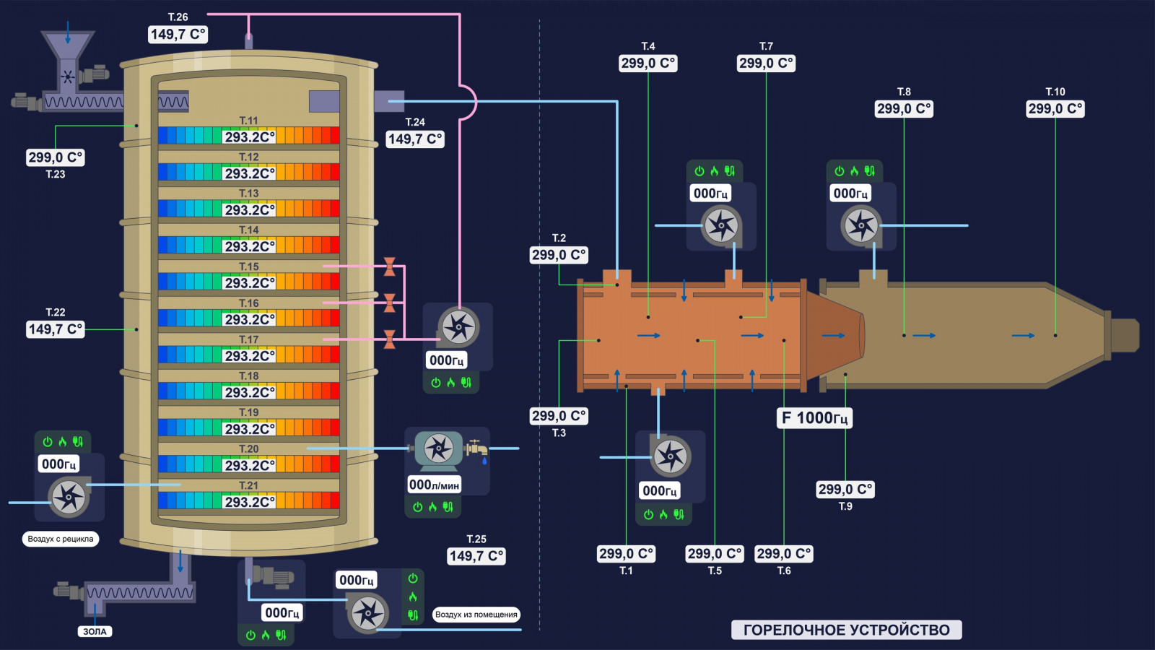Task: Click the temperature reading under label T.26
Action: [178, 35]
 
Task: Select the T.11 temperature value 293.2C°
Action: [250, 137]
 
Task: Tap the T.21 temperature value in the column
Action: [250, 502]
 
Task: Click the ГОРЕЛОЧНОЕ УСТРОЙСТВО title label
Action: [847, 630]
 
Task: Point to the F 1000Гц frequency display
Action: [815, 418]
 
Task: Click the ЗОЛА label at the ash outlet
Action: [95, 631]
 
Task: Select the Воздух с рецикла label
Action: [61, 539]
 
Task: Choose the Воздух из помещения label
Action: [476, 615]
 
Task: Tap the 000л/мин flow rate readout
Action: [434, 485]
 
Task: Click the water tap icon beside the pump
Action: [477, 448]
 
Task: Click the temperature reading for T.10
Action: [1055, 109]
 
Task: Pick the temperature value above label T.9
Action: [845, 489]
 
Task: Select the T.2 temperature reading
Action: [559, 255]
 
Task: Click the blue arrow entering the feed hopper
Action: [68, 32]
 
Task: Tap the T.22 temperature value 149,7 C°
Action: [55, 329]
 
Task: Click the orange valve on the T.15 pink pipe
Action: [390, 266]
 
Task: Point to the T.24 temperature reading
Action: [415, 139]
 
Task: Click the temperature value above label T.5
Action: [715, 553]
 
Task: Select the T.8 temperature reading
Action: [904, 109]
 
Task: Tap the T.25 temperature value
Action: [476, 556]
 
